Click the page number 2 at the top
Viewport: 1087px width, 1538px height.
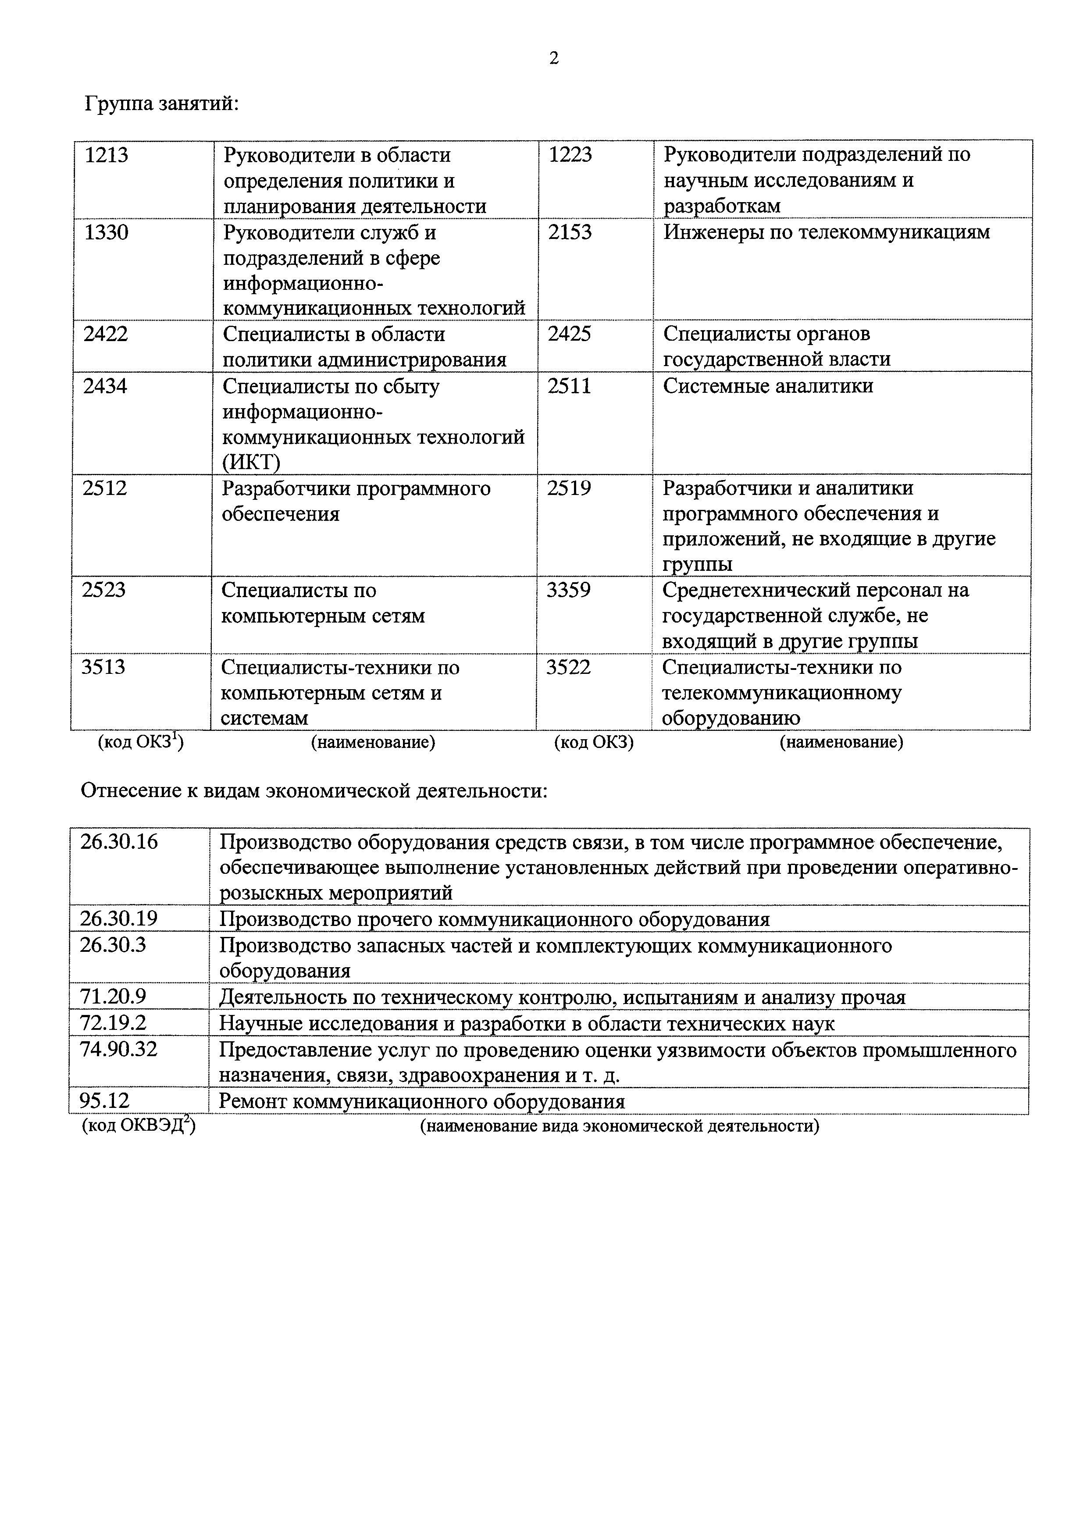coord(553,59)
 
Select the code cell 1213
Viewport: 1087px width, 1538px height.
coord(107,155)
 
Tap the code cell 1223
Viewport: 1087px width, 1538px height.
coord(570,155)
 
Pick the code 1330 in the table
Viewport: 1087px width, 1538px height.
coord(106,232)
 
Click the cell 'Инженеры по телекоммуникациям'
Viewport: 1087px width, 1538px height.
coord(826,232)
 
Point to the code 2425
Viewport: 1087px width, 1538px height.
coord(569,334)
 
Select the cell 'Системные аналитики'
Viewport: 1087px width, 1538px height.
coord(767,386)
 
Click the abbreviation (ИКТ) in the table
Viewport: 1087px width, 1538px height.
coord(251,462)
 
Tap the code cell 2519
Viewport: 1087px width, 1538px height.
coord(569,488)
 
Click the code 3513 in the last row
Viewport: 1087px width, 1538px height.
coord(103,667)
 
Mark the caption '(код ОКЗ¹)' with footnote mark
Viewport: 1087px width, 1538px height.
coord(141,742)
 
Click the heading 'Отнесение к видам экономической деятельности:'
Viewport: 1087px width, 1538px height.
coord(314,790)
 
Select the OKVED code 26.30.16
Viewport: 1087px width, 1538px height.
coord(118,841)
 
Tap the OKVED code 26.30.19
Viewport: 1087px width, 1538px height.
coord(118,919)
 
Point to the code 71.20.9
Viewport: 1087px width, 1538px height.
coord(113,997)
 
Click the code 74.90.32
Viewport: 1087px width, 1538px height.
coord(118,1049)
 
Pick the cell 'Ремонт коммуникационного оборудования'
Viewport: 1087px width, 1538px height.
coord(422,1101)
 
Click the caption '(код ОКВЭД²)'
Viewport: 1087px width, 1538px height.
coord(139,1125)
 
